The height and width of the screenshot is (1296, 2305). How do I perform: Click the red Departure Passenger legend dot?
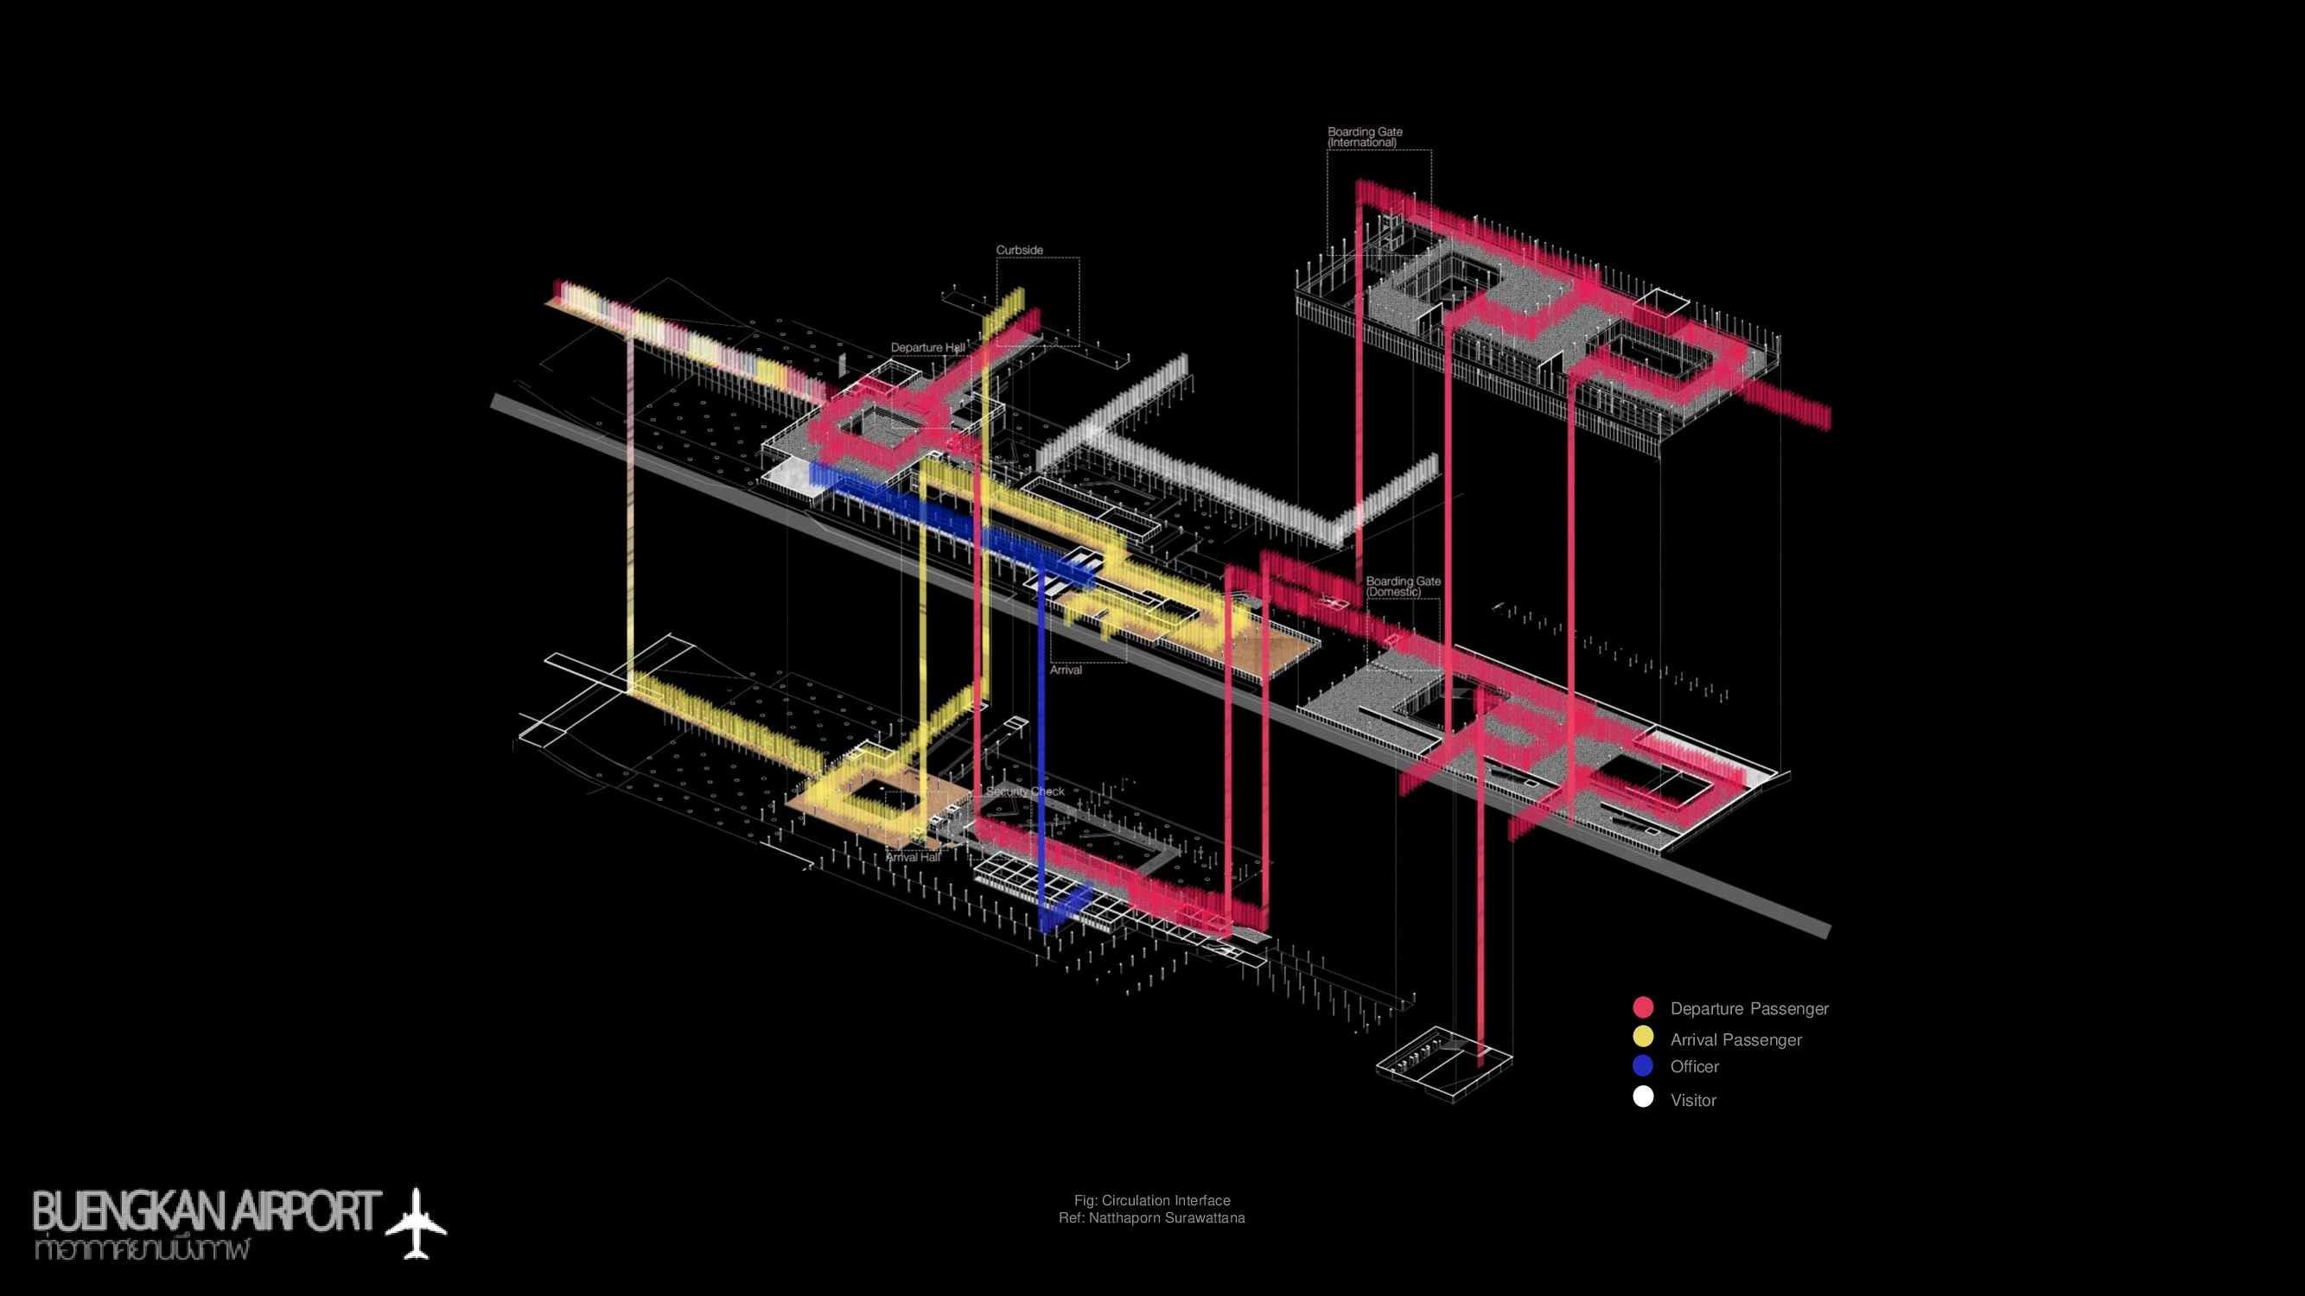(x=1643, y=1007)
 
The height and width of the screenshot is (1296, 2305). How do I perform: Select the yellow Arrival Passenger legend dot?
(x=1643, y=1038)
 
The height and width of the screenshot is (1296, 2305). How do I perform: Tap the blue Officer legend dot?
(x=1643, y=1065)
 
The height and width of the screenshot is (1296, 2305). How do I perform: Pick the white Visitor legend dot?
(x=1643, y=1097)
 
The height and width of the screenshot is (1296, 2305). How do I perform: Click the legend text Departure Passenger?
(x=1748, y=1009)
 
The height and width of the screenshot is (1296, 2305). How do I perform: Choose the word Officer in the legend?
(x=1694, y=1066)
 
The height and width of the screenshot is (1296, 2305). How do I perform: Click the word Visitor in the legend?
(x=1693, y=1100)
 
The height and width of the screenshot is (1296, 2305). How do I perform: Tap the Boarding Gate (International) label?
(x=1365, y=137)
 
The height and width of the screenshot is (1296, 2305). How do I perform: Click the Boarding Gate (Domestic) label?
(x=1403, y=586)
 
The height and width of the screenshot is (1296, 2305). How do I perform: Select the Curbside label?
(x=1019, y=251)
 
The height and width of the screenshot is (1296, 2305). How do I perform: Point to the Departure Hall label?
(x=928, y=347)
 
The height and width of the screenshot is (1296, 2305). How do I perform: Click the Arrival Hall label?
(x=913, y=857)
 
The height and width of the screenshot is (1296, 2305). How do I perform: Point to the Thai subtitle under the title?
(x=141, y=1249)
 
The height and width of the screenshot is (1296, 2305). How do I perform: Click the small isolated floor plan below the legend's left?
(x=1442, y=1064)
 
